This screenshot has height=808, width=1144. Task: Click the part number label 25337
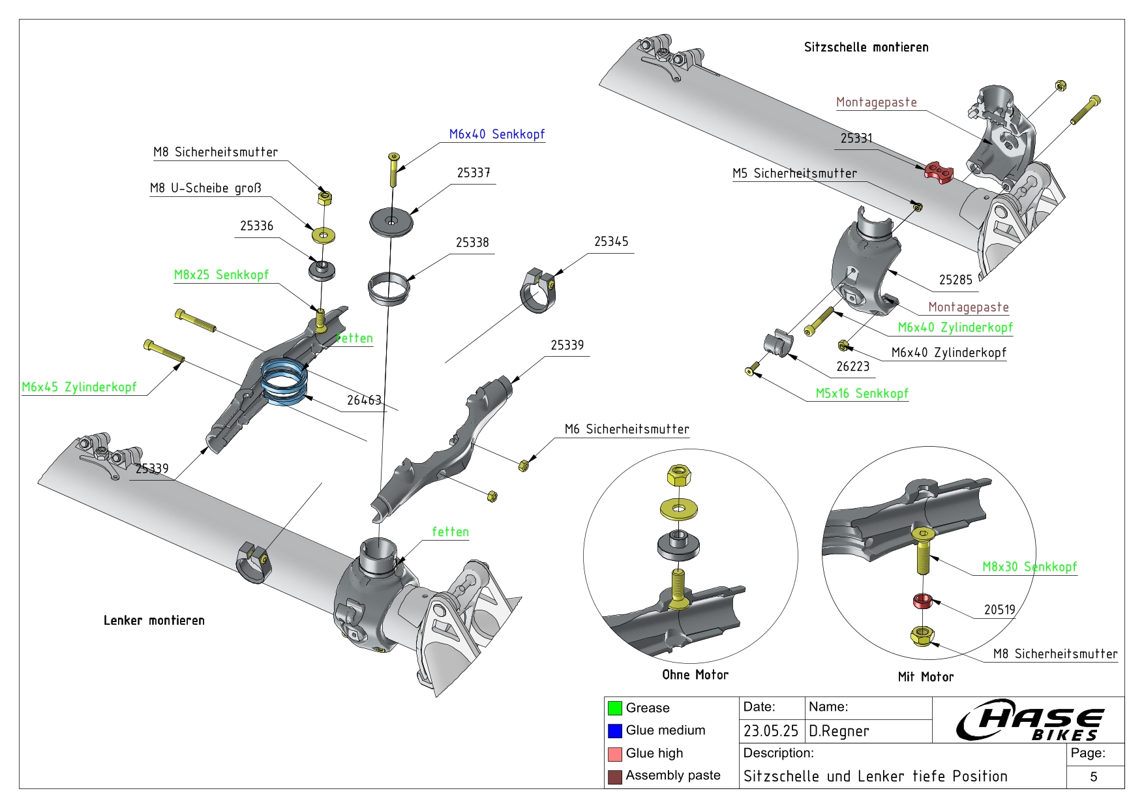473,173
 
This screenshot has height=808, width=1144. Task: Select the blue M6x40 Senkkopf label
496,134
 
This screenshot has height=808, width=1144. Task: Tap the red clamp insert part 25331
939,171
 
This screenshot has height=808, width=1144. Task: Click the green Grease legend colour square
614,708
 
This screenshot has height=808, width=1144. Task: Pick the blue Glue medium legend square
614,731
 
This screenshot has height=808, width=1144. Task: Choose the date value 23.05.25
770,731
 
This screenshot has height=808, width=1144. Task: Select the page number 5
1094,777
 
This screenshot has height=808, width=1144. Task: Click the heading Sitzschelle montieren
866,47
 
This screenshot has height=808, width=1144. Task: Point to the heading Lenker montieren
154,620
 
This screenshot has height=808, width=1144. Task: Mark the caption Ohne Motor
695,675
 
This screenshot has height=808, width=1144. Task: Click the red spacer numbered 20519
922,601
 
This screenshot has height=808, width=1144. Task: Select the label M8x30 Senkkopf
1029,567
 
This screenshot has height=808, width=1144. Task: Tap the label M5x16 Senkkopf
862,393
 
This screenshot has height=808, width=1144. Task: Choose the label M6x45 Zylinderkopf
79,387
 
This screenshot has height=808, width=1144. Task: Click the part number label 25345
611,242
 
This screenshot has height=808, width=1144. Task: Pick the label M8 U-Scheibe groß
205,188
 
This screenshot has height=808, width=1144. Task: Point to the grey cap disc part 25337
391,222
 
